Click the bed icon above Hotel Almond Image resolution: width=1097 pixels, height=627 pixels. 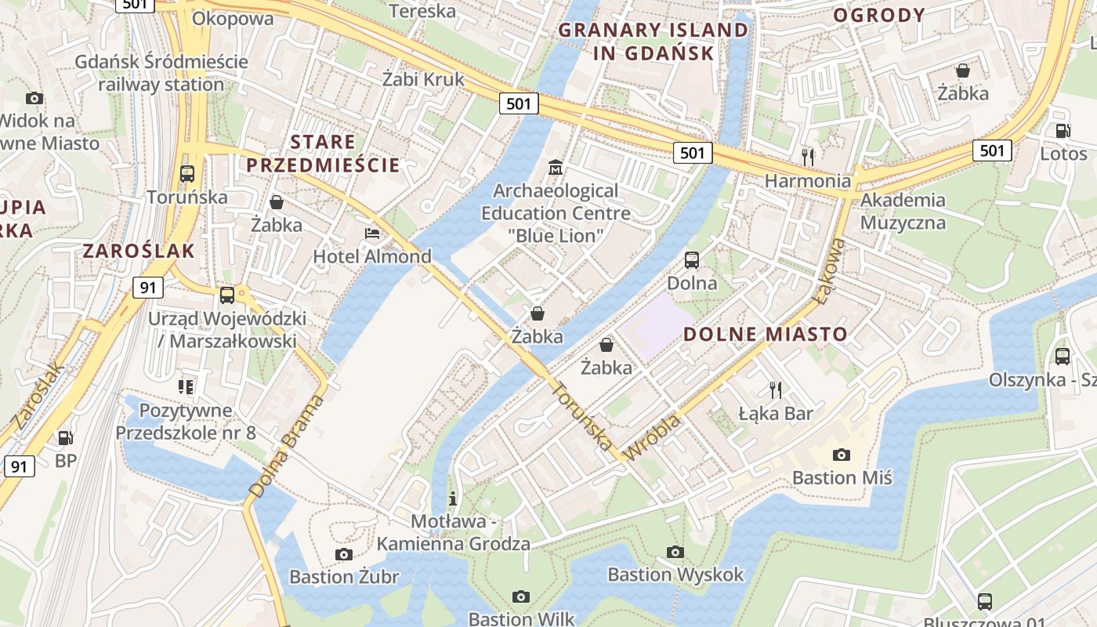point(372,234)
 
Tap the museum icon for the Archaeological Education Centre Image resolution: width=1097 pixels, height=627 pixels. point(556,168)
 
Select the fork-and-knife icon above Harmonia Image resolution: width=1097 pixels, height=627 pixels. point(808,157)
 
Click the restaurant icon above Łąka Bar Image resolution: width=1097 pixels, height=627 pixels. point(776,390)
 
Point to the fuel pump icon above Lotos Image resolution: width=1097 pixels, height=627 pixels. point(1063,132)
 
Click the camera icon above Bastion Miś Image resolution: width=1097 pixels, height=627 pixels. point(842,455)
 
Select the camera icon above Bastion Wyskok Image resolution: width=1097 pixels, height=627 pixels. point(675,552)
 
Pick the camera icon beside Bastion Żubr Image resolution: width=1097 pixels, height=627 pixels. point(343,555)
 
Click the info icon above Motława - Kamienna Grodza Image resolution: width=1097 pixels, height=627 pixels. point(452,498)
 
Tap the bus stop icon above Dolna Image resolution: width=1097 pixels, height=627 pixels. point(692,260)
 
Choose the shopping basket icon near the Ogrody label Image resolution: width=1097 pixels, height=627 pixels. point(963,71)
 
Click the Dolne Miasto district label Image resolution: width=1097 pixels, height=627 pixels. point(766,335)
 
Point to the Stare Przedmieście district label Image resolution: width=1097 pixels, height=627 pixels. point(324,154)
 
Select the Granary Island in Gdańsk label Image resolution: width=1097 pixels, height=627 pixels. point(653,42)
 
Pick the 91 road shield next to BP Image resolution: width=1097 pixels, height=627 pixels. point(19,467)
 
